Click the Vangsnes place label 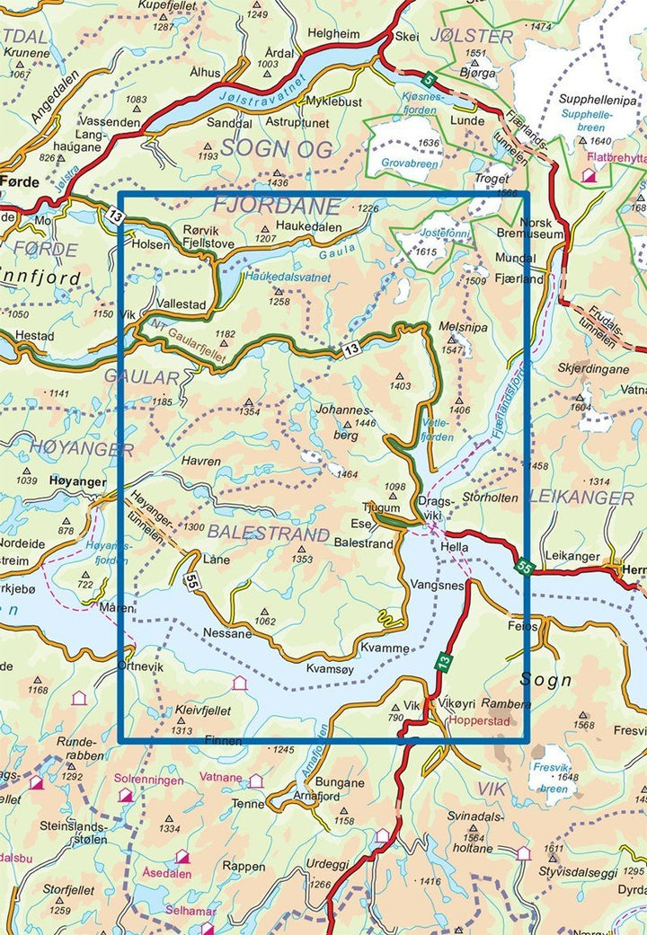pyautogui.click(x=435, y=584)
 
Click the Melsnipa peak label pyautogui.click(x=464, y=328)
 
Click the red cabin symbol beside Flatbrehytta pyautogui.click(x=589, y=177)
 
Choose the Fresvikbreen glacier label pyautogui.click(x=550, y=770)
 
